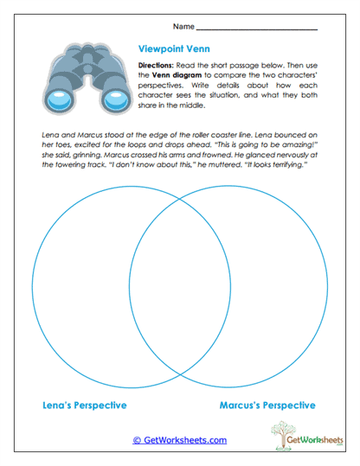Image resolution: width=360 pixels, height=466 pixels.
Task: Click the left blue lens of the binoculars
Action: click(x=59, y=99)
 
